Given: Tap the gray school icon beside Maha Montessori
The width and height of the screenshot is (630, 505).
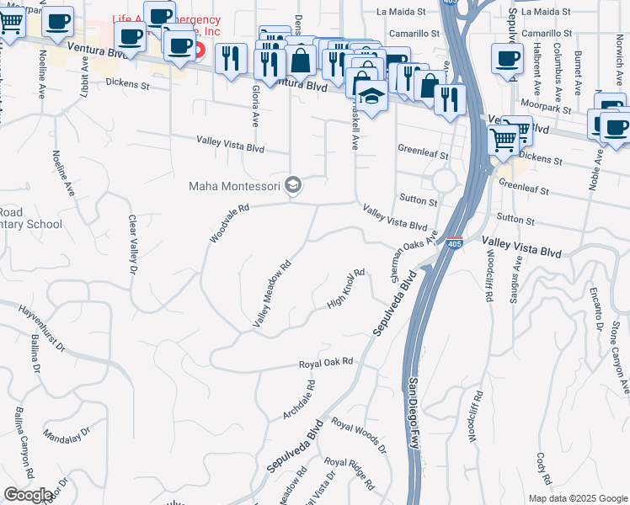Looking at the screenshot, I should click(x=293, y=185).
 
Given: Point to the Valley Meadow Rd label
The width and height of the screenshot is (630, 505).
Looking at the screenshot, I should click(x=272, y=294).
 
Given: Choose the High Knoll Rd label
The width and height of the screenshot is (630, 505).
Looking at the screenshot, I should click(x=347, y=289).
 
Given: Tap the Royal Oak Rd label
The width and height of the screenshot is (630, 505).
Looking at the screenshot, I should click(x=325, y=364).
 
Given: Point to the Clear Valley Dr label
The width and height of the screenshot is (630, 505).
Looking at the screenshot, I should click(x=132, y=246).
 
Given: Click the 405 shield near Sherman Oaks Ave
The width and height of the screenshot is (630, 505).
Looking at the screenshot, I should click(x=454, y=243).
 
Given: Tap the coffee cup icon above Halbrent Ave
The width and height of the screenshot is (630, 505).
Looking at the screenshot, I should click(x=507, y=60).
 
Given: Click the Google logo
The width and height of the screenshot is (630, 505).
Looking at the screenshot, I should click(x=29, y=495).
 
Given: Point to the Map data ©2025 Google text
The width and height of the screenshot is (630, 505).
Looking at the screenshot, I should click(x=577, y=498).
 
